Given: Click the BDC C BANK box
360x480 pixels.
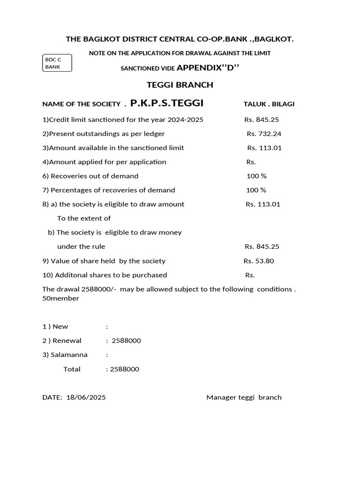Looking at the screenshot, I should tap(58, 63).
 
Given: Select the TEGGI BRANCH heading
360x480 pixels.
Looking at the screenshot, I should tap(180, 85).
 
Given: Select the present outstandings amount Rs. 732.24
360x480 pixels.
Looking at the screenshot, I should tap(264, 134).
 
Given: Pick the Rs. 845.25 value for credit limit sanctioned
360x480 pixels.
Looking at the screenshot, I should tap(262, 120).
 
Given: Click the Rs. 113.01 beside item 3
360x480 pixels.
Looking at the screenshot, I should tap(264, 148).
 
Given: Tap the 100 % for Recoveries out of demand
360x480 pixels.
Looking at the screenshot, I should tap(256, 176).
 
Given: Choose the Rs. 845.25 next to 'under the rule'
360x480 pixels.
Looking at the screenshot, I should tap(262, 247).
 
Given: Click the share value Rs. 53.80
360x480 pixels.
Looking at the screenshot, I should tap(259, 261).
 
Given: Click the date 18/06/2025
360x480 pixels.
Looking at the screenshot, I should tap(86, 397).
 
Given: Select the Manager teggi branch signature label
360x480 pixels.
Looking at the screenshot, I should tap(244, 397).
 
